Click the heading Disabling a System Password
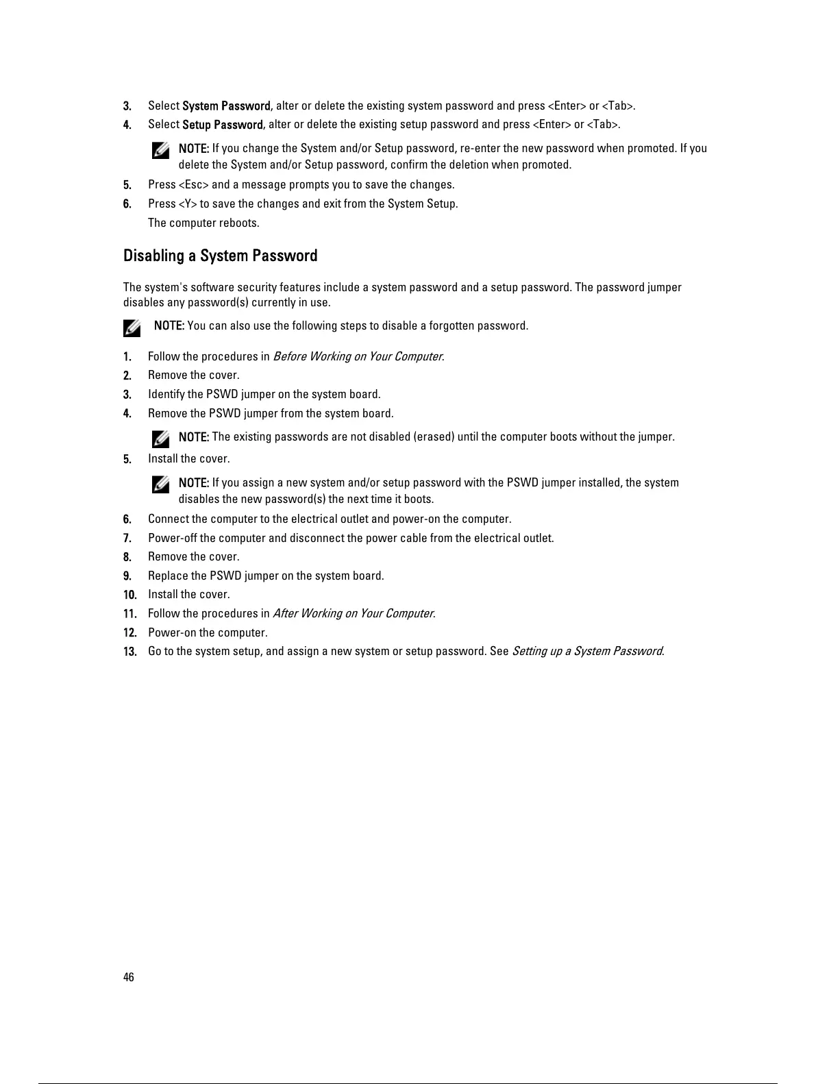(x=220, y=256)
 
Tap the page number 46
(x=129, y=977)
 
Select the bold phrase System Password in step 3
(x=226, y=106)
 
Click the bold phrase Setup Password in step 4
(x=223, y=124)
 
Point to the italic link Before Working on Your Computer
(x=358, y=356)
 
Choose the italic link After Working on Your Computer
(x=354, y=613)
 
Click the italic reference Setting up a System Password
(x=587, y=651)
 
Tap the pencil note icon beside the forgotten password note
(x=132, y=328)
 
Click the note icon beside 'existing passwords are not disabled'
(x=161, y=439)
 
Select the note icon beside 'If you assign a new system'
(x=161, y=484)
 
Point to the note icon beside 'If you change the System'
(x=161, y=150)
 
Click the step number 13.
(x=130, y=652)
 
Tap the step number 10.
(x=130, y=595)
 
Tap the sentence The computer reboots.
(x=203, y=223)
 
